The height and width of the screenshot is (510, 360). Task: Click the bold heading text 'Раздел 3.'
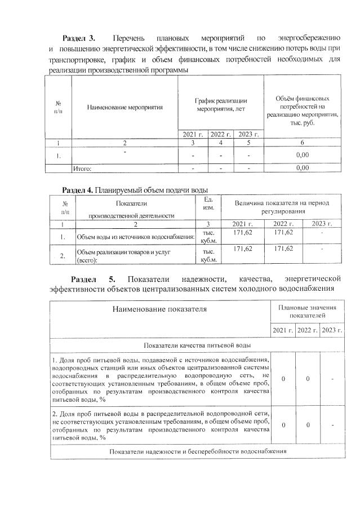click(x=79, y=38)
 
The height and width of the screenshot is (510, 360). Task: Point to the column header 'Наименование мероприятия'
click(x=125, y=106)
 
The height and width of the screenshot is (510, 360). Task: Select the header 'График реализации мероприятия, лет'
click(x=220, y=104)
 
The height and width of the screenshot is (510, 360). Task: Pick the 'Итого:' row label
click(x=83, y=167)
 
